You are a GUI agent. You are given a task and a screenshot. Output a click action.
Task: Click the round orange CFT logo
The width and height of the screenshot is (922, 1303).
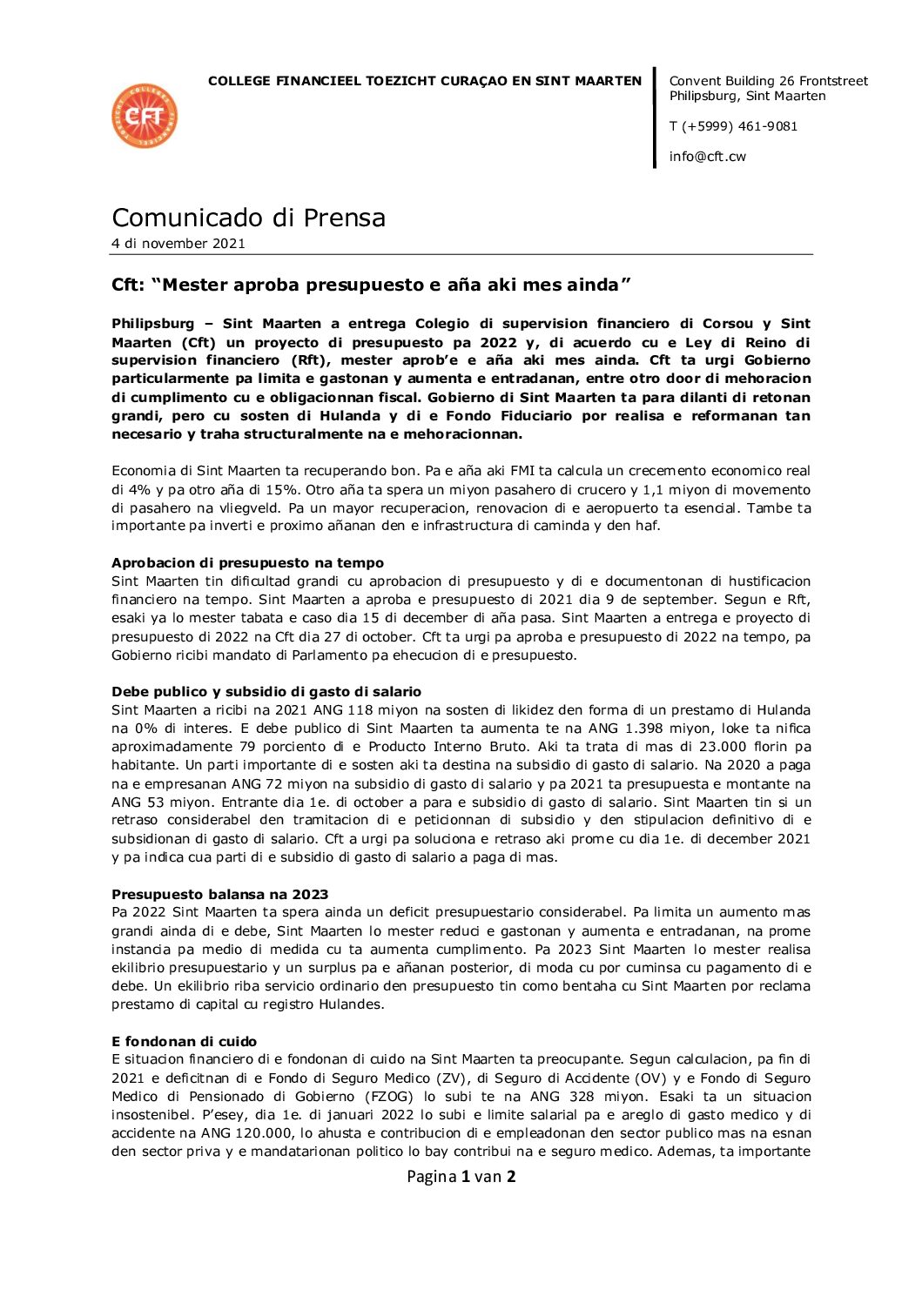tap(145, 116)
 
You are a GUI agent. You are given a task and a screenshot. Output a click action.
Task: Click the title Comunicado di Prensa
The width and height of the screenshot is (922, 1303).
tap(248, 218)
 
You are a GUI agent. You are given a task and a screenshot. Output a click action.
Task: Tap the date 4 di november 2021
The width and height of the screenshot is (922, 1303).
tap(178, 244)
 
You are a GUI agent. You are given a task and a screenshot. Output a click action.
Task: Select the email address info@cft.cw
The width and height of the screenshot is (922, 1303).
tap(707, 157)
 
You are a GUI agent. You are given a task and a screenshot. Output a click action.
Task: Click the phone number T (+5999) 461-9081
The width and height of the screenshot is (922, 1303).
tap(733, 126)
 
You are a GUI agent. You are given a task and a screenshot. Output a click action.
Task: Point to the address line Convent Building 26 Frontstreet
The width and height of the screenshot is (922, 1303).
tap(768, 81)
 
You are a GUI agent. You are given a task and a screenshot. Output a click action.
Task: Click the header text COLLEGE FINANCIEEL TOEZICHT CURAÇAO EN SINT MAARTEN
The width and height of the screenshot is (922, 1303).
tap(425, 81)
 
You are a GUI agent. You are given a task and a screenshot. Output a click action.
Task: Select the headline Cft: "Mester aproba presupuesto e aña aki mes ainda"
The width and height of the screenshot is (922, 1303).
tap(371, 285)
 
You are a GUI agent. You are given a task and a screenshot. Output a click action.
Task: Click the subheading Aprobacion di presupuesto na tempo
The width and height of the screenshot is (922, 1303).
tap(247, 563)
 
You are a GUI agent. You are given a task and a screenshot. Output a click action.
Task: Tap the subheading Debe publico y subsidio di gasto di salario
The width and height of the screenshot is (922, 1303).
tap(266, 692)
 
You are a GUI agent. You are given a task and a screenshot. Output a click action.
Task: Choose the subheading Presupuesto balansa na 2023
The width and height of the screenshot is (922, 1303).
tap(219, 895)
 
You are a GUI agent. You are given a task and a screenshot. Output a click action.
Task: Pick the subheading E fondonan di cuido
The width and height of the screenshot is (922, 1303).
tap(184, 1042)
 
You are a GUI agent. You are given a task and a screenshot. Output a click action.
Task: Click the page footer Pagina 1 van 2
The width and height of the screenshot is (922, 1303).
tap(461, 1177)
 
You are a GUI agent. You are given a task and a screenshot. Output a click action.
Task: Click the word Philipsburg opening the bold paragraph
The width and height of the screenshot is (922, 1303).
tap(152, 324)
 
